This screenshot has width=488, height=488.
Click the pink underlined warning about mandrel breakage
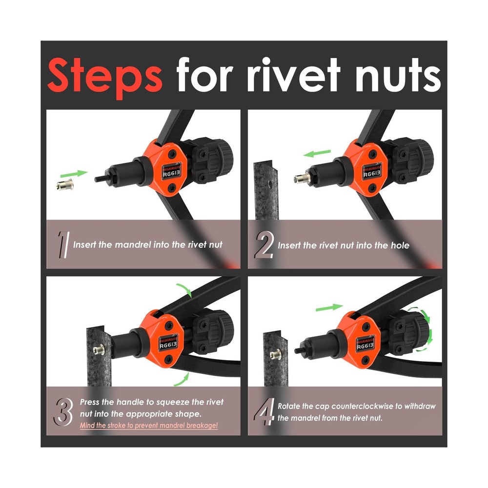[149, 426]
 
